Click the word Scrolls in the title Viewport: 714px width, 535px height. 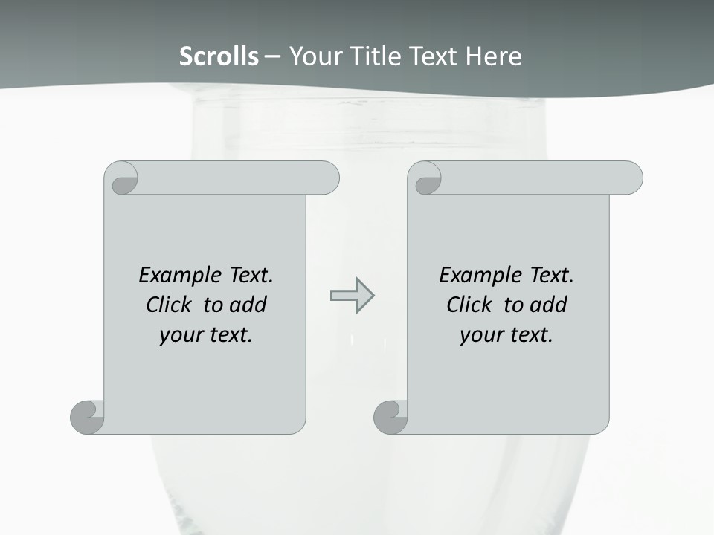click(x=219, y=56)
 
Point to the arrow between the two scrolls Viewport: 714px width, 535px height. click(x=352, y=296)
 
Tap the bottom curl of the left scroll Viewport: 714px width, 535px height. click(x=88, y=416)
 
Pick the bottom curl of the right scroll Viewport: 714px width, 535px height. click(x=390, y=416)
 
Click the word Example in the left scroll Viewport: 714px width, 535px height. click(x=178, y=276)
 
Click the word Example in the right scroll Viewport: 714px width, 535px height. click(x=479, y=276)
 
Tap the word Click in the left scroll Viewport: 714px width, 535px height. click(x=170, y=305)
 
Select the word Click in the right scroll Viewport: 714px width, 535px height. click(x=470, y=305)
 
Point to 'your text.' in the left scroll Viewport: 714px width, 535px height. click(x=206, y=335)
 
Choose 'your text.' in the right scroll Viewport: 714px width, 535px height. click(x=506, y=335)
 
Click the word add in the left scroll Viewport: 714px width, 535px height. click(x=248, y=305)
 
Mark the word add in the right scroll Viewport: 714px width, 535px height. click(x=549, y=305)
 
